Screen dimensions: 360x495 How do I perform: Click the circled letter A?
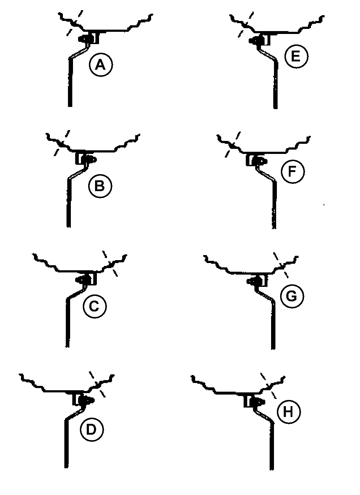pos(101,65)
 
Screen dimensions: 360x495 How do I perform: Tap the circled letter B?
pos(100,186)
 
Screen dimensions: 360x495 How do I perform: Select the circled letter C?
pos(95,306)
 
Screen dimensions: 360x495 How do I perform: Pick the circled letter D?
pos(92,429)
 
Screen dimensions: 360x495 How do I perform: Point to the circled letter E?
pos(296,56)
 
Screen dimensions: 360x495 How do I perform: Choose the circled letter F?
pos(292,172)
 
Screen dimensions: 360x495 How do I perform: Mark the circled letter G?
pos(292,296)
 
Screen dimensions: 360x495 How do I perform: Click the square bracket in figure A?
pos(94,38)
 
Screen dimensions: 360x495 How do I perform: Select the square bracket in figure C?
pos(92,278)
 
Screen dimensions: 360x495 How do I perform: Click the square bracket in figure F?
pos(251,160)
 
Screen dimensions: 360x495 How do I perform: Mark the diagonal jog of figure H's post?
pos(265,416)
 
